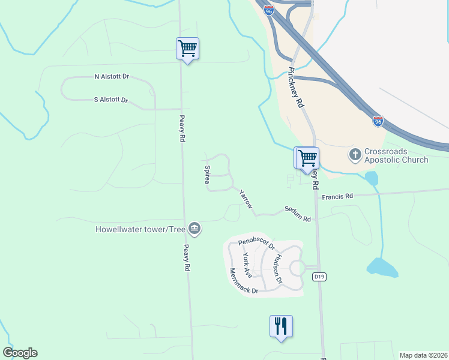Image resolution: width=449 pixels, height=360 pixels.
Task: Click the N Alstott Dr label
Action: (112, 77)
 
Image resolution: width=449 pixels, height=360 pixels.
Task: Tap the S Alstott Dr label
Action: (111, 100)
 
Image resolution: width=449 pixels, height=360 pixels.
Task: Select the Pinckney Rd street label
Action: (297, 87)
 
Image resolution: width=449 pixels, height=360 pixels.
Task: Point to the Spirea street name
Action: (207, 175)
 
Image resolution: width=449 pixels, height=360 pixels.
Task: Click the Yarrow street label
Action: (246, 199)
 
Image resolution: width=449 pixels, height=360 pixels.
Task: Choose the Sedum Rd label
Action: (297, 214)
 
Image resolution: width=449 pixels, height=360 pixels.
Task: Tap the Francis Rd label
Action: (337, 196)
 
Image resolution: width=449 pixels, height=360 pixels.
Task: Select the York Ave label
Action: (247, 264)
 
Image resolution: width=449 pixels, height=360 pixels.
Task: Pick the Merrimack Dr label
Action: (243, 282)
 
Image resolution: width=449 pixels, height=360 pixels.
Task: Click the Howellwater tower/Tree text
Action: (140, 229)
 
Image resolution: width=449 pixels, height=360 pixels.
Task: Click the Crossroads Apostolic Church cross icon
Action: (355, 155)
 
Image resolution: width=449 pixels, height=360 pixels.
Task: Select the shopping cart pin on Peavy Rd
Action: (187, 49)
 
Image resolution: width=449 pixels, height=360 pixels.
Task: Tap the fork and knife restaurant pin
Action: (281, 326)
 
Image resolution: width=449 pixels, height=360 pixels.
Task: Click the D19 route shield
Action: (319, 276)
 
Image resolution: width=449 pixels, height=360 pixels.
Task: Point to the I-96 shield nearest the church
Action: (378, 121)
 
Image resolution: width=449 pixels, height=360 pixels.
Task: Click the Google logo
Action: (20, 353)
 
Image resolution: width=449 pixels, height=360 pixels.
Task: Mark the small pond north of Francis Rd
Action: (372, 178)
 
